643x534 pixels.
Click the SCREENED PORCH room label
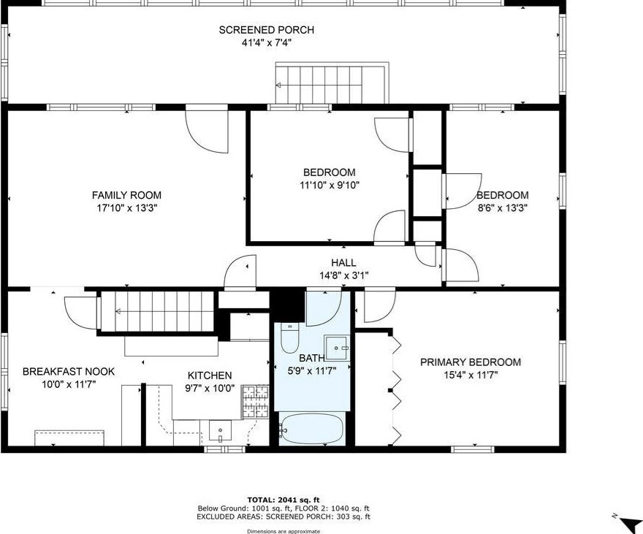pos(267,30)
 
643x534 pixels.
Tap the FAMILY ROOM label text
pos(126,195)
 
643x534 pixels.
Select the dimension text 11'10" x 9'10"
pos(329,185)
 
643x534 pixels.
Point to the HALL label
pos(343,263)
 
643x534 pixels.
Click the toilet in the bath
pos(289,339)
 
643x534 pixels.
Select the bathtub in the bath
pos(312,428)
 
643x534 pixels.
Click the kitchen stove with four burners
pos(256,400)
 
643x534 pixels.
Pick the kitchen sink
pos(219,431)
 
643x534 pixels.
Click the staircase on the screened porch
pos(331,83)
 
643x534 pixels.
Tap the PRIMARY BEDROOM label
pos(470,362)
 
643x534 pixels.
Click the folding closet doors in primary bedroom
pos(396,387)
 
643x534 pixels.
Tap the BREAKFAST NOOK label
pos(68,371)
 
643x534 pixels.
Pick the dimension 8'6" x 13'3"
pos(502,207)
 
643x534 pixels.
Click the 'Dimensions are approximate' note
pos(284,531)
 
